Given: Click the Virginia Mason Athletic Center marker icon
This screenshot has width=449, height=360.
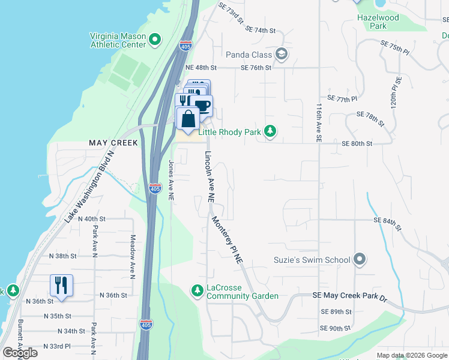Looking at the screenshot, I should (155, 40).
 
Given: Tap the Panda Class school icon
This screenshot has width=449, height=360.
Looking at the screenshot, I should (282, 55).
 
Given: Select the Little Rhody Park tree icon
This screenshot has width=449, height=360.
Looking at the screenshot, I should (271, 131).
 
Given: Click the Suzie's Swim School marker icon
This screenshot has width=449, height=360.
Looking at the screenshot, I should (360, 260).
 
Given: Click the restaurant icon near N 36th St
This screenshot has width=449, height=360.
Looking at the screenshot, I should (61, 284).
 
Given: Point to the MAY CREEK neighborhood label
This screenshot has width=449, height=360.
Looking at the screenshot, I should (113, 143).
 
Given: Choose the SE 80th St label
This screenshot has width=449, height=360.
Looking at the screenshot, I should (357, 144).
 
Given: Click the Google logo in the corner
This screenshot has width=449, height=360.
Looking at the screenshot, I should (20, 353).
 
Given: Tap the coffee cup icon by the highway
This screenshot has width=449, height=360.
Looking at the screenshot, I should (203, 106).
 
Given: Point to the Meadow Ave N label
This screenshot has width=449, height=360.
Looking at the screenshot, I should (133, 256).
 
